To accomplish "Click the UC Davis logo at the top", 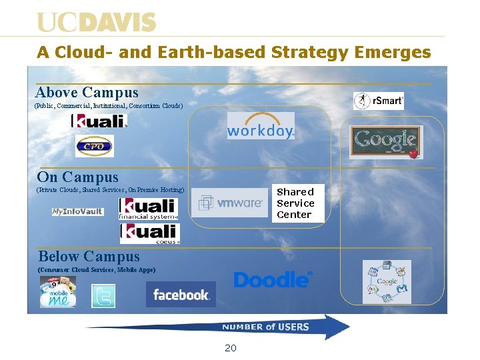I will (x=97, y=23).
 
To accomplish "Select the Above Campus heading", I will (x=87, y=93).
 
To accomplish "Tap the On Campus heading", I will (x=78, y=177).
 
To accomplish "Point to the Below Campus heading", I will (x=89, y=257).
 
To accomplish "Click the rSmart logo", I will (x=378, y=101).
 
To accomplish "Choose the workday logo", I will (x=260, y=129).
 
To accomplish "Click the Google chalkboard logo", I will (x=386, y=141).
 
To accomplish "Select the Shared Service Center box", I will (x=295, y=203).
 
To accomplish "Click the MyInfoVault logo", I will (x=78, y=212).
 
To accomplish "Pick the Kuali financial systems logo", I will (x=148, y=209).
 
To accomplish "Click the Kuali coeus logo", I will (x=150, y=234).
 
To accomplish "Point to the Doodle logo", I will (x=273, y=280).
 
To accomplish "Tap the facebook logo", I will (x=181, y=295).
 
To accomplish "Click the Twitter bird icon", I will (x=103, y=296).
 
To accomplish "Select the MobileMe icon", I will (x=58, y=293).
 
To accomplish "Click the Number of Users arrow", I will (x=220, y=327).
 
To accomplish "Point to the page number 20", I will (x=231, y=348).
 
